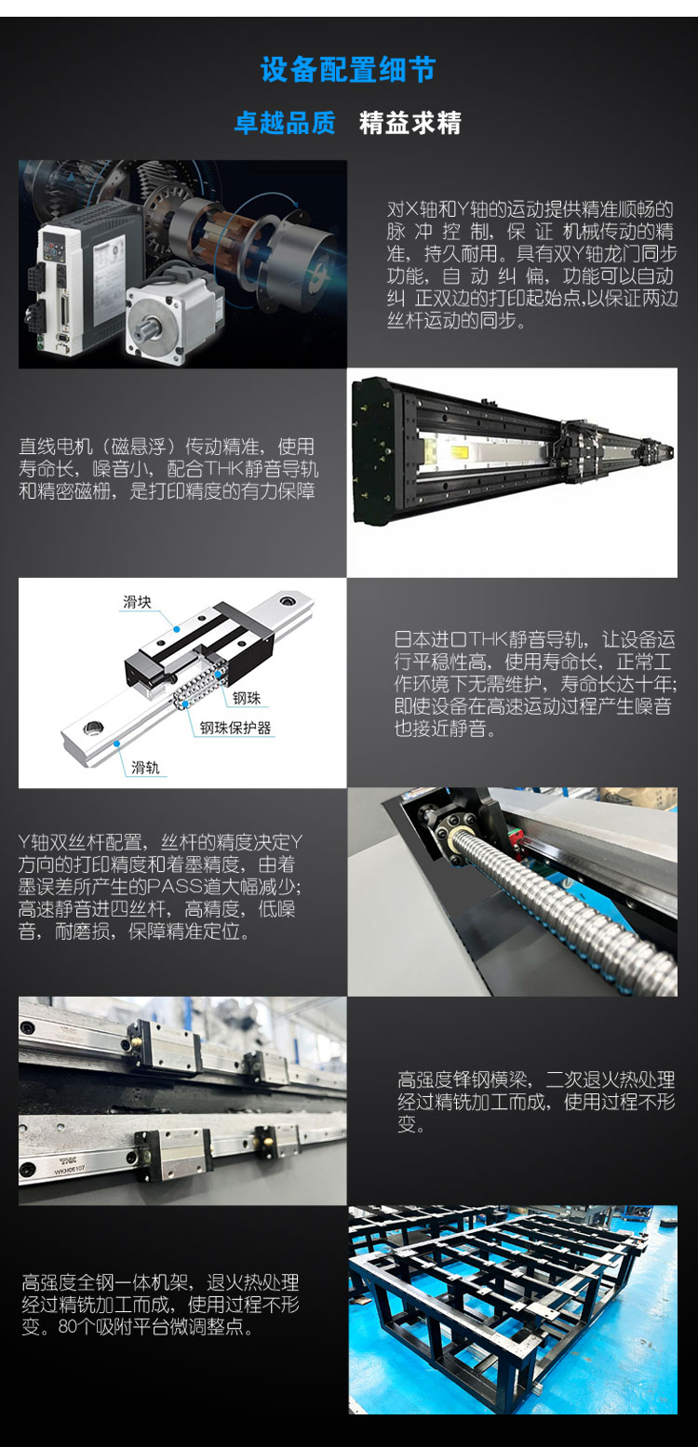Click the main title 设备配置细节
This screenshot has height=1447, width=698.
click(x=348, y=70)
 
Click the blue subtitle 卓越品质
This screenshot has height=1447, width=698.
click(x=285, y=123)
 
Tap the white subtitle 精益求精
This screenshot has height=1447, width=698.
click(x=410, y=123)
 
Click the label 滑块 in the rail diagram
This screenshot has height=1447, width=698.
click(x=137, y=602)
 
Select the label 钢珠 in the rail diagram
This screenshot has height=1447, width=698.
click(x=247, y=698)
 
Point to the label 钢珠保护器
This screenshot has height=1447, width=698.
click(x=235, y=728)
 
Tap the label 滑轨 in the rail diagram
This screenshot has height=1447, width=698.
click(x=145, y=768)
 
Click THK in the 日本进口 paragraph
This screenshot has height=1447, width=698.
click(x=488, y=639)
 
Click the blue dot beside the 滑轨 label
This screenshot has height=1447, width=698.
click(x=117, y=744)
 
